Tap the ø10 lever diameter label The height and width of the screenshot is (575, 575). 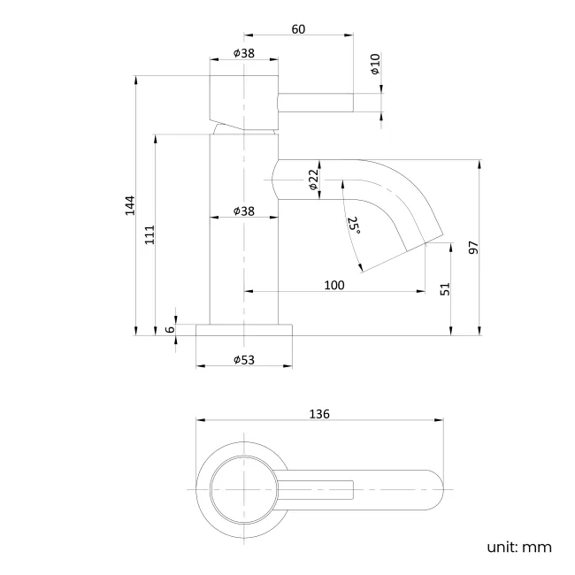[375, 64]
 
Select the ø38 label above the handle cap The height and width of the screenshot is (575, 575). [244, 52]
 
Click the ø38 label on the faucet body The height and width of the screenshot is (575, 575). [244, 211]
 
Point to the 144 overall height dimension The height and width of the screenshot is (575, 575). [129, 204]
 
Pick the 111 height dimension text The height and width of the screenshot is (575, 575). [149, 234]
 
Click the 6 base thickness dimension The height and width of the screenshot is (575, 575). [170, 329]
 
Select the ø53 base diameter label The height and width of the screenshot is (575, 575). [244, 359]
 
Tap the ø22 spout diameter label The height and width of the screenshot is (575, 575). [313, 181]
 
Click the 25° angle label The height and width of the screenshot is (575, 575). [354, 226]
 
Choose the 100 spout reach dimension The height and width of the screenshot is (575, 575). [333, 284]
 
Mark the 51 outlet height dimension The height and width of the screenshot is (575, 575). [445, 288]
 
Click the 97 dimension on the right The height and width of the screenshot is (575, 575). [473, 248]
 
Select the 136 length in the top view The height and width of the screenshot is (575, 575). [319, 414]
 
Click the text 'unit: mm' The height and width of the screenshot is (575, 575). [518, 547]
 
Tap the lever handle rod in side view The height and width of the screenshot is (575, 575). [316, 103]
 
